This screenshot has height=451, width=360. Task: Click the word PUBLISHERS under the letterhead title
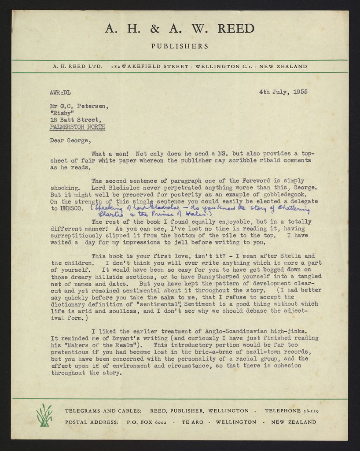coord(180,46)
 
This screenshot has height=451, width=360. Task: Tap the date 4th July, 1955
coord(283,92)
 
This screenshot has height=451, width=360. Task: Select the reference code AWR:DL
coord(60,92)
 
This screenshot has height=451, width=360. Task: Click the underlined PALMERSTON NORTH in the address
coord(78,127)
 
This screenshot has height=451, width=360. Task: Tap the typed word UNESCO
coord(71,208)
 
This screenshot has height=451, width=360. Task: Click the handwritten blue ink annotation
coord(198,211)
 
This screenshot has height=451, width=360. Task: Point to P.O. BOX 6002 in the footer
coord(146,422)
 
